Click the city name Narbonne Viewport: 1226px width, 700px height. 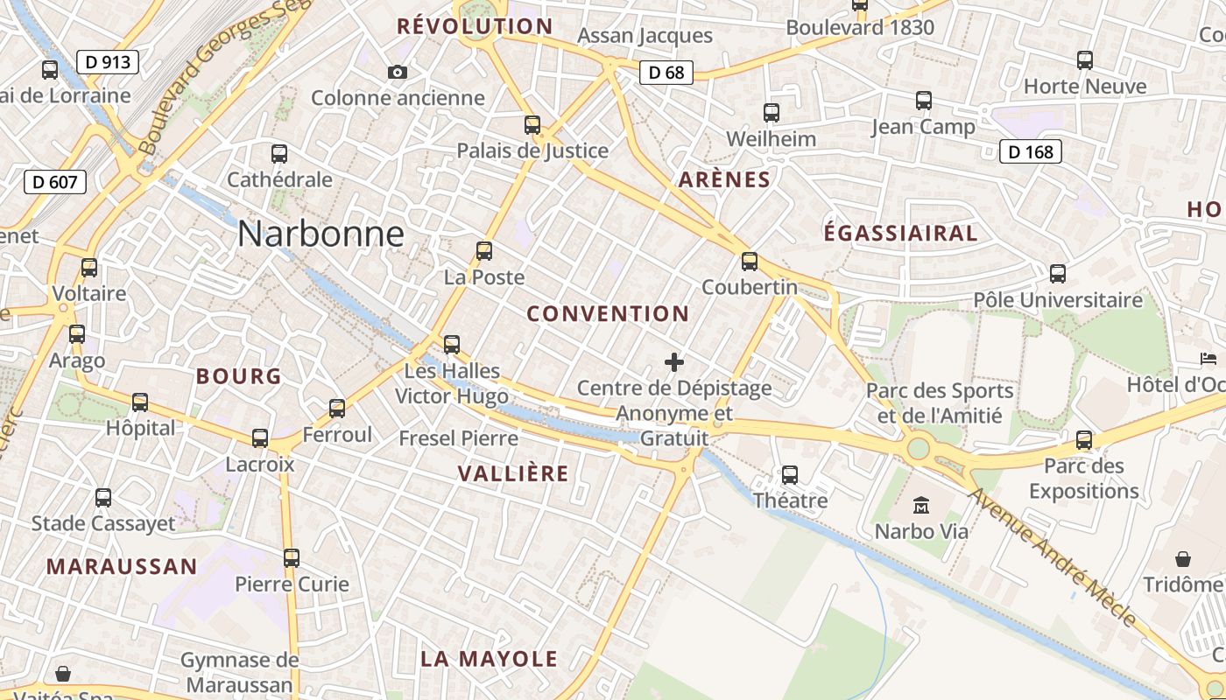point(321,234)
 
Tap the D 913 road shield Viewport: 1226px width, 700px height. point(108,62)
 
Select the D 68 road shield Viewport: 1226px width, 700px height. point(666,73)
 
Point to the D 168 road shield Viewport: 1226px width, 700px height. point(1031,152)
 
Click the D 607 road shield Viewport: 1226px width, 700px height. point(55,182)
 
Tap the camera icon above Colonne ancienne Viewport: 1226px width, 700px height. point(398,72)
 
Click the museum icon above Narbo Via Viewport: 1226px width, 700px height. point(921,505)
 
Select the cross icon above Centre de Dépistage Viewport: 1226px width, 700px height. point(674,361)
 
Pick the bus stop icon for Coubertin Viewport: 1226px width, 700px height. point(750,261)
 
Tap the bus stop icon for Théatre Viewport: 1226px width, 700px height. point(790,474)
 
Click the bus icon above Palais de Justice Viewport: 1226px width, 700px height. point(532,124)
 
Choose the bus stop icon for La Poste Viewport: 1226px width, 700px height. point(484,251)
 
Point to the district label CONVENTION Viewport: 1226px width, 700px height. point(608,313)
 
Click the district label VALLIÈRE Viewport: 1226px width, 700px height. point(513,473)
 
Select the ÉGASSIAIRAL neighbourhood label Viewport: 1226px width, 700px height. point(900,233)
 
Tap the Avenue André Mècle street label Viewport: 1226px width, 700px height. point(1051,556)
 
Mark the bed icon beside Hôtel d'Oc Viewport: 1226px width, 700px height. point(1208,359)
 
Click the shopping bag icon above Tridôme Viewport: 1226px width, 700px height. point(1183,558)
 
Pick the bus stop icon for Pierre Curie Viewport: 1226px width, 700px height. point(292,557)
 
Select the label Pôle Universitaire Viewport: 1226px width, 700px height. point(1058,300)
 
